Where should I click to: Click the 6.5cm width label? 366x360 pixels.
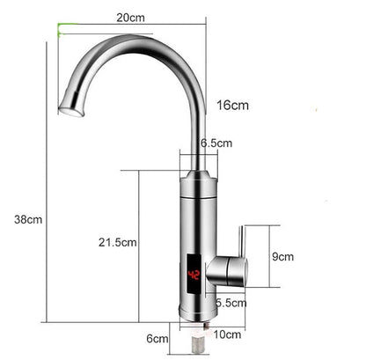[x=216, y=142]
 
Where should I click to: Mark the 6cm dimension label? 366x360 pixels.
[x=157, y=337]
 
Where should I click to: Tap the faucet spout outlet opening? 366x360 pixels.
[x=70, y=111]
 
